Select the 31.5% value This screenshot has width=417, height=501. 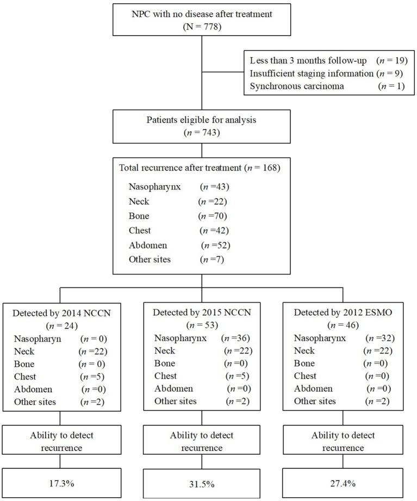click(201, 482)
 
